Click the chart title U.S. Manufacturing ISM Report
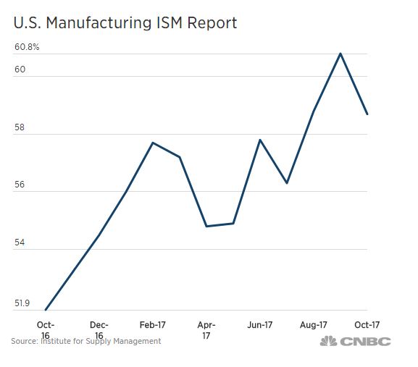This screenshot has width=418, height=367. (125, 22)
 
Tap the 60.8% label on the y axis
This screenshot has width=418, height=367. (27, 48)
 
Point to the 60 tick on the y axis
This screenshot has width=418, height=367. (20, 70)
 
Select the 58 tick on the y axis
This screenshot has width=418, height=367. (20, 128)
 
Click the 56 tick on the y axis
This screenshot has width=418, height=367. (20, 186)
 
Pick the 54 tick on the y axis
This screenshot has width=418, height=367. (20, 244)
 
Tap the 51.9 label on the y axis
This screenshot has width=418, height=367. (22, 303)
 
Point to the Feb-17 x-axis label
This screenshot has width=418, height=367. (152, 326)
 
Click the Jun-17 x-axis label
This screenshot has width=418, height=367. (259, 326)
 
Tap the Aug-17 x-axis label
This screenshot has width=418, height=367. (314, 326)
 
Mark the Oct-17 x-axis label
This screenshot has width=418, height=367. (367, 326)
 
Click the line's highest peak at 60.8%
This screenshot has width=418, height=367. (340, 54)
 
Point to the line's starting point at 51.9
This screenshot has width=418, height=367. (46, 311)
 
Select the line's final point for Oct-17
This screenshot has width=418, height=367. (367, 114)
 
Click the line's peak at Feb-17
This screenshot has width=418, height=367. (152, 143)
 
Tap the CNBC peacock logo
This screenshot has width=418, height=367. (328, 342)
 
